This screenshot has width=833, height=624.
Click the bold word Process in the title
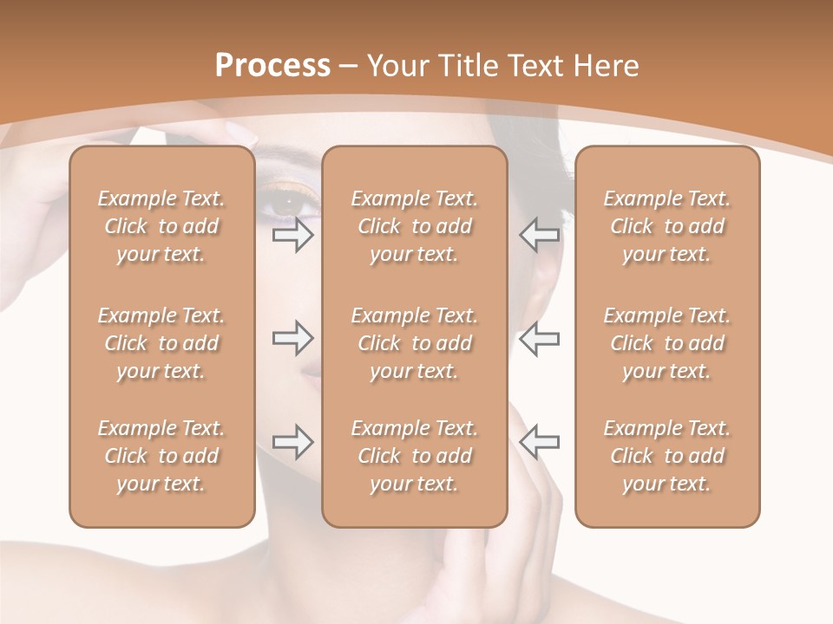(x=272, y=66)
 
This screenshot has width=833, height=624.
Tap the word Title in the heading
(x=471, y=66)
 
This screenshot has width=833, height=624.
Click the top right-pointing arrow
(x=292, y=235)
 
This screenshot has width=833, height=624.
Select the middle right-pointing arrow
(x=292, y=338)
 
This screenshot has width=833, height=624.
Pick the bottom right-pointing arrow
(x=292, y=442)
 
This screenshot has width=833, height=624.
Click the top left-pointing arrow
(x=540, y=235)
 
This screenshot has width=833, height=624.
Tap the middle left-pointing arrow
(x=540, y=338)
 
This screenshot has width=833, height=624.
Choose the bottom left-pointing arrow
(x=540, y=442)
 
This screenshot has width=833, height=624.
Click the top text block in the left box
(x=161, y=226)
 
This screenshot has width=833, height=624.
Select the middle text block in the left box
(x=161, y=343)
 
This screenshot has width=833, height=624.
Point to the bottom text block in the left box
(x=161, y=456)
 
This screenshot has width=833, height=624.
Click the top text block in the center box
(x=414, y=226)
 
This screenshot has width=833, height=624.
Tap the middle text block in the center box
(x=414, y=343)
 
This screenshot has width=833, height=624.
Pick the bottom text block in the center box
(x=414, y=456)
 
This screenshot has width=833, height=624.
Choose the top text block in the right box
(x=666, y=226)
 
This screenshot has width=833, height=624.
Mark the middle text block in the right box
(x=666, y=343)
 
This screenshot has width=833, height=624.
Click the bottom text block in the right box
(x=666, y=456)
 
